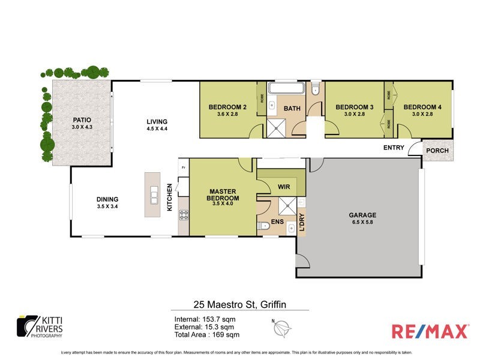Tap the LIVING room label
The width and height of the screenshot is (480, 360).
point(157,121)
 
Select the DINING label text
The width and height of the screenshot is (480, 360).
point(107,200)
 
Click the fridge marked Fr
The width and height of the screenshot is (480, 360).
point(183,168)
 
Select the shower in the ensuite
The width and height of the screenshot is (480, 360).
point(287,205)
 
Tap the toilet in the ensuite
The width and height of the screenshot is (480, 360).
point(265,227)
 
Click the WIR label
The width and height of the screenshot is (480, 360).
point(284,187)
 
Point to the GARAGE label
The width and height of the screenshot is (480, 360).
point(363,215)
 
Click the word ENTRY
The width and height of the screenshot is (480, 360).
point(394,147)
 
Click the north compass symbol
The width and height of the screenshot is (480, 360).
point(284,329)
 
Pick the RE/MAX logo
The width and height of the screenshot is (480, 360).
point(429,331)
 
